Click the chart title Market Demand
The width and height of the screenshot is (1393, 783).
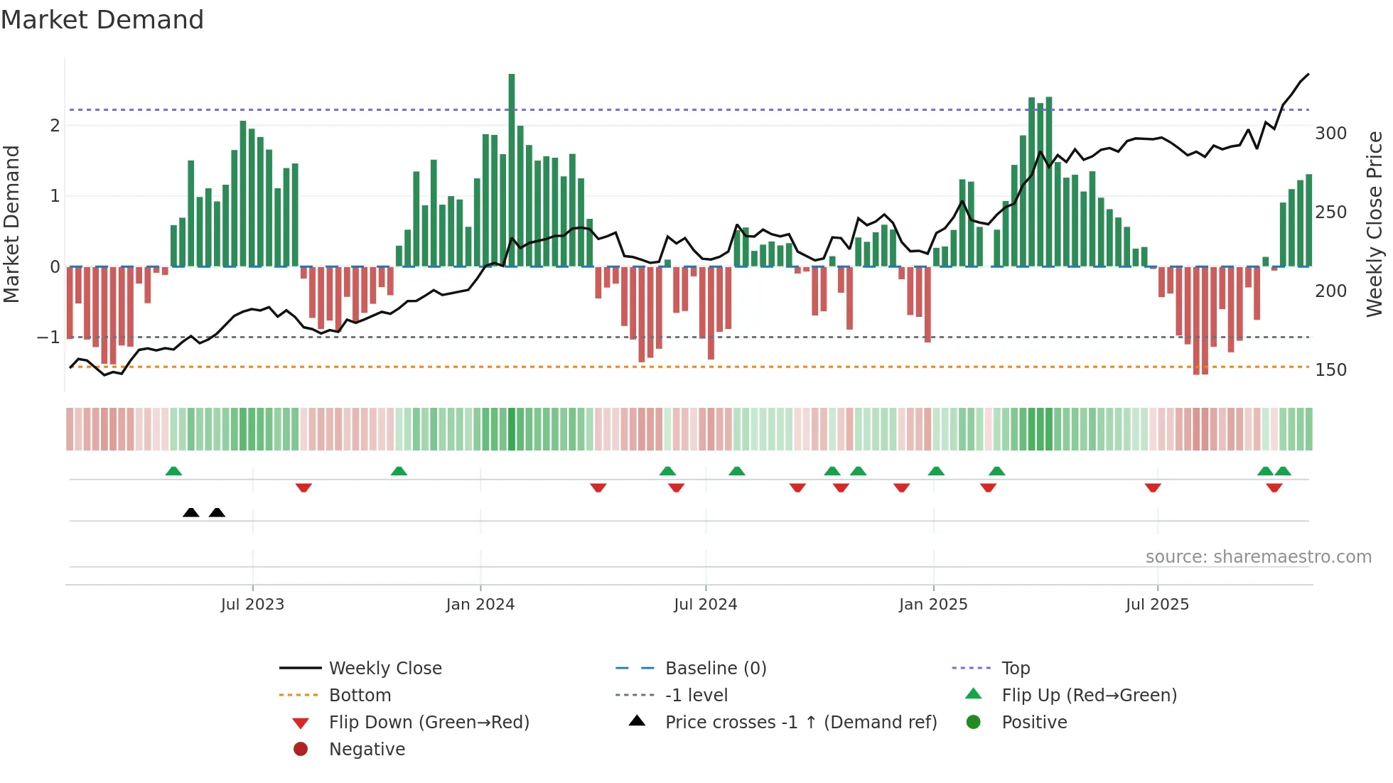[x=102, y=20]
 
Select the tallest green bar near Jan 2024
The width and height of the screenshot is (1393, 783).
[x=512, y=171]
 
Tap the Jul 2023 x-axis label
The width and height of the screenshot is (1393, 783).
[x=252, y=605]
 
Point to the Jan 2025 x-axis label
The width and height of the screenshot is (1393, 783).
[x=933, y=605]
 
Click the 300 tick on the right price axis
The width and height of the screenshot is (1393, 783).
[x=1330, y=134]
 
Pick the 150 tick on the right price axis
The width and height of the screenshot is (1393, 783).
[x=1330, y=370]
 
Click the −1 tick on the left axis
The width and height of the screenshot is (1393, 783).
[x=48, y=337]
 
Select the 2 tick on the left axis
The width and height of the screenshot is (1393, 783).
[x=55, y=126]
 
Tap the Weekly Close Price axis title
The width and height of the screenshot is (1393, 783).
[x=1375, y=224]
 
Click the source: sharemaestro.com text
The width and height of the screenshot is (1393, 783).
[x=1258, y=557]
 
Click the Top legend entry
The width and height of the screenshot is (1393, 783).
[x=1015, y=669]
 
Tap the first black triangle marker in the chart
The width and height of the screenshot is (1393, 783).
[x=190, y=512]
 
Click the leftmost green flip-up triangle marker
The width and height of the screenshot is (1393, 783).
[x=173, y=471]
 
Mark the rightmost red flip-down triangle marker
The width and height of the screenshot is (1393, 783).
[x=1274, y=487]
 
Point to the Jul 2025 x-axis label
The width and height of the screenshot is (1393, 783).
[x=1157, y=605]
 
